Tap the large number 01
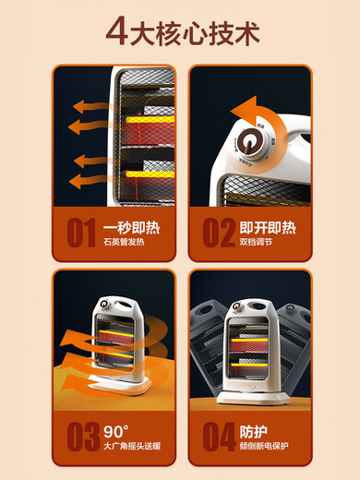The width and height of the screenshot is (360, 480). pyautogui.click(x=79, y=232)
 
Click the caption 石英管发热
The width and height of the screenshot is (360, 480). pyautogui.click(x=126, y=242)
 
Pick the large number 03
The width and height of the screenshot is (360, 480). pyautogui.click(x=81, y=436)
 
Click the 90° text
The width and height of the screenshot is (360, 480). pyautogui.click(x=119, y=429)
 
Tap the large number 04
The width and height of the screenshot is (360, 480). pyautogui.click(x=218, y=436)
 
